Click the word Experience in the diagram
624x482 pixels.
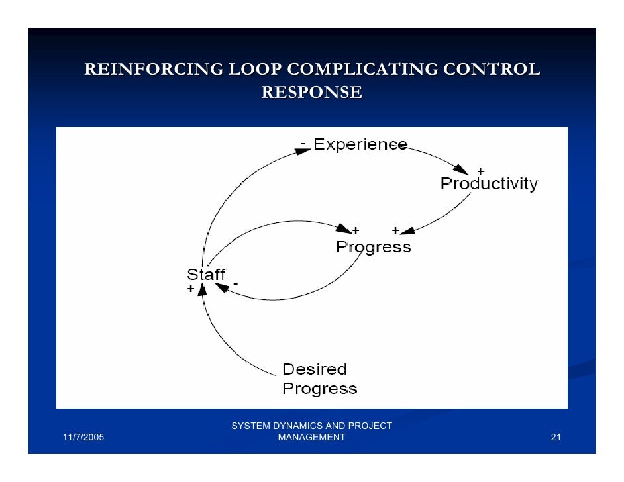click(360, 144)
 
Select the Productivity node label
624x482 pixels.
click(489, 184)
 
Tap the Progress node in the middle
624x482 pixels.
click(373, 248)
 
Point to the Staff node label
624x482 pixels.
click(206, 275)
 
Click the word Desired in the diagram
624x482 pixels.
click(314, 369)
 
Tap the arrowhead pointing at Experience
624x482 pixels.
click(302, 152)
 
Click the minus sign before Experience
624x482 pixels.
click(303, 142)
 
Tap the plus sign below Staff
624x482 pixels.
click(191, 289)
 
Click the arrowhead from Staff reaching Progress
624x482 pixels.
click(344, 229)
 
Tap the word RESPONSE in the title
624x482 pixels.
click(311, 93)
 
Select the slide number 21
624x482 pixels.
click(556, 438)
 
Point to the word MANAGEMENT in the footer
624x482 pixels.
click(311, 438)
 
